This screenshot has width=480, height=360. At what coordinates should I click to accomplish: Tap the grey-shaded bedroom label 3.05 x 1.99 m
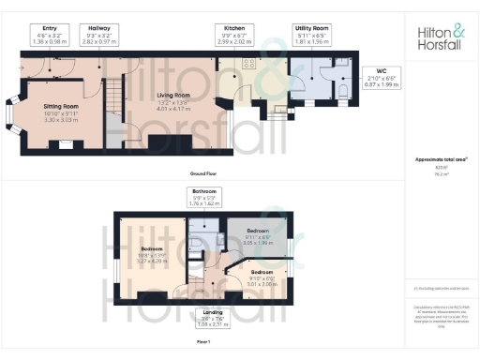[x=258, y=236]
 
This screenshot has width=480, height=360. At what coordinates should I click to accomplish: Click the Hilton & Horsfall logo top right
[x=442, y=37]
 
